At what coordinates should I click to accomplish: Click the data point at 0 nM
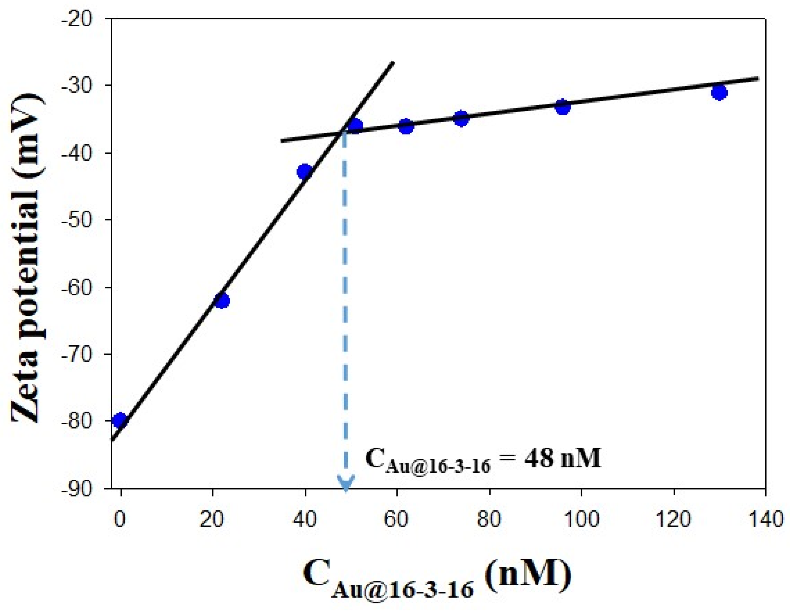[120, 420]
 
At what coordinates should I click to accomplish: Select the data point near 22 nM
[222, 301]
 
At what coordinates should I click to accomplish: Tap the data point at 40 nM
[305, 172]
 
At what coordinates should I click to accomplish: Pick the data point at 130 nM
[719, 93]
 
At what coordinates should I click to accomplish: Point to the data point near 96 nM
[563, 107]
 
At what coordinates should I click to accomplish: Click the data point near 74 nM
[461, 118]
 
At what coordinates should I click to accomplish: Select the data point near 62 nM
[406, 126]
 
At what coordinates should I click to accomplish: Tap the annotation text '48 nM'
[562, 458]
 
